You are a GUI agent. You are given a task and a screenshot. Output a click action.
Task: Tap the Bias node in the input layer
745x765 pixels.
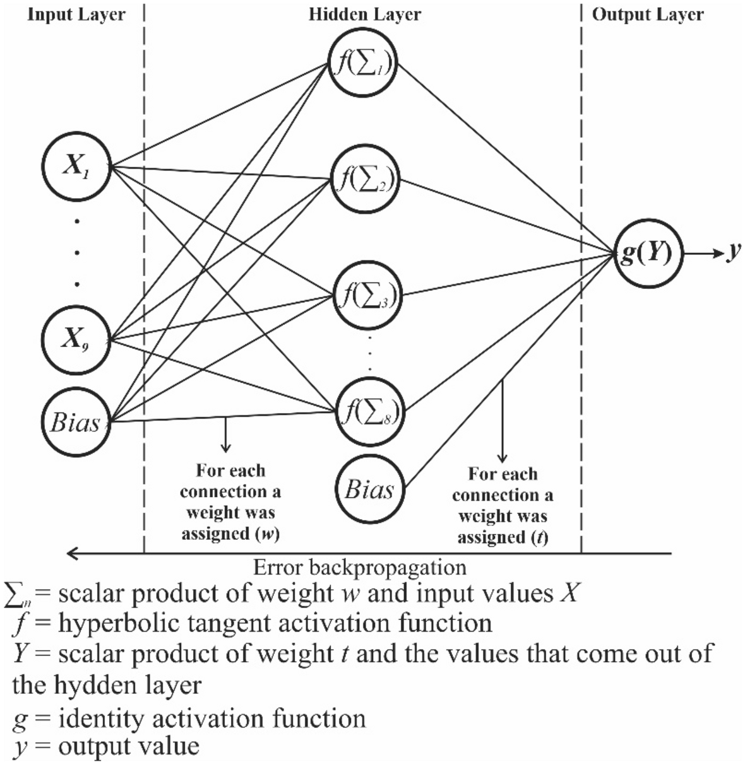[x=76, y=421]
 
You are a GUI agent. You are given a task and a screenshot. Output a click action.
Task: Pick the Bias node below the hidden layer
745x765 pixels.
[x=370, y=489]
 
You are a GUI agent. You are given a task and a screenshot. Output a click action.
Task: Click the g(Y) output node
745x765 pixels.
[x=648, y=255]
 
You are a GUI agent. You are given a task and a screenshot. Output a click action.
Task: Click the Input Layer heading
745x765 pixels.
[x=76, y=15]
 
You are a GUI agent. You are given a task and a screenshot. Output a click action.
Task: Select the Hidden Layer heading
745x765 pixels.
[x=364, y=15]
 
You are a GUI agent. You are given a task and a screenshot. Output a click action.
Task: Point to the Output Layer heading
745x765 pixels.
[x=648, y=15]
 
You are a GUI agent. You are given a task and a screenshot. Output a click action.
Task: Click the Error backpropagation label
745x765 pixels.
[x=360, y=567]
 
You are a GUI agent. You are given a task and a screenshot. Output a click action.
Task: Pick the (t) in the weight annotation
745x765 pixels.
[x=538, y=537]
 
